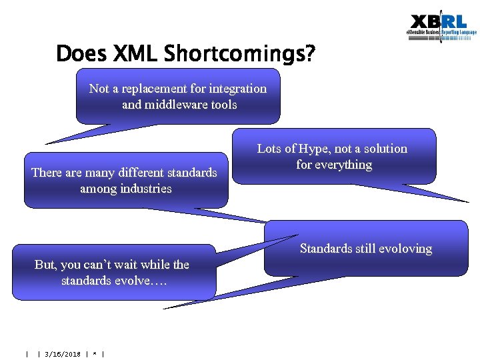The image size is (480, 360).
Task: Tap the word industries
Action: point(143,189)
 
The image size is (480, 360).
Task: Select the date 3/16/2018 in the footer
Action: point(62,354)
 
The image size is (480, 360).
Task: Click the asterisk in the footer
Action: point(96,354)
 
